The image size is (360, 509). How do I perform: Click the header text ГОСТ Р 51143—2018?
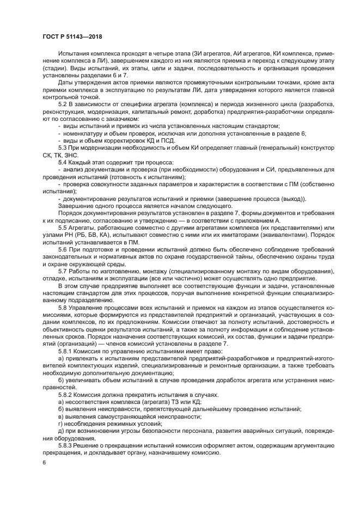click(x=72, y=36)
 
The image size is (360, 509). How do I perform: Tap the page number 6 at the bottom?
click(x=44, y=462)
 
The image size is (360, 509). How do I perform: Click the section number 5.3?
click(x=63, y=147)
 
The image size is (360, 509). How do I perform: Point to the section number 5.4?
click(x=63, y=162)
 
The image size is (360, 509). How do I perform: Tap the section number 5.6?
click(x=63, y=249)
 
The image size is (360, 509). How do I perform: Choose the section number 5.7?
click(x=63, y=271)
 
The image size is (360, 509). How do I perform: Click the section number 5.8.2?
click(x=65, y=394)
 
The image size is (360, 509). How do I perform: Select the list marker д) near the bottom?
click(x=60, y=430)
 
